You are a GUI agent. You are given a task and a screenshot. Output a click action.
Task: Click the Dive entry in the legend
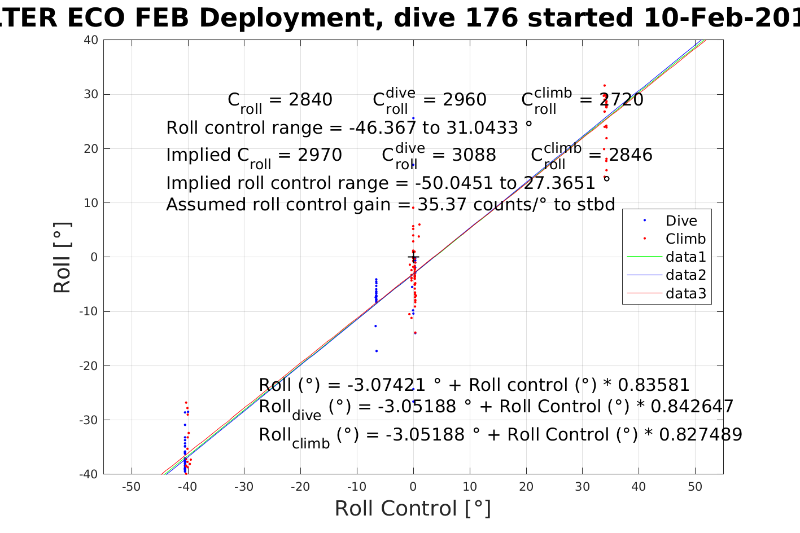[x=681, y=221]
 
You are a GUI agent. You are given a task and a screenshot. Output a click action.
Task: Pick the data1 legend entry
[x=685, y=257]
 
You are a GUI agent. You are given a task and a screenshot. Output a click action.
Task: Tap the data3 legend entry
[x=685, y=293]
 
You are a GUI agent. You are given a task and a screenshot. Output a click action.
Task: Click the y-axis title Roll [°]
[x=63, y=258]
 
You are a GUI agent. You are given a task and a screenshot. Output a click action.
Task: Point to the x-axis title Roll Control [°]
[x=413, y=508]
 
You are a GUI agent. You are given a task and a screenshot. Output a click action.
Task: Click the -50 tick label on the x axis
[x=131, y=487]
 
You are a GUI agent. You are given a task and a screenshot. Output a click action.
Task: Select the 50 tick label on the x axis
[x=695, y=487]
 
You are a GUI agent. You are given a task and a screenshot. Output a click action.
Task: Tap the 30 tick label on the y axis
[x=91, y=94]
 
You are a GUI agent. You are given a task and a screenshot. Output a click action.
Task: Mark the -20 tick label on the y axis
[x=89, y=365]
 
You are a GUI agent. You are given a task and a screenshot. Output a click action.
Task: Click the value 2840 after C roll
[x=311, y=100]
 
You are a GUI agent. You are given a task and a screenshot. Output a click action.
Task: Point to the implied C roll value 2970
[x=320, y=155]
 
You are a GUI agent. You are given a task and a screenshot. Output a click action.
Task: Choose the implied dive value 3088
[x=474, y=155]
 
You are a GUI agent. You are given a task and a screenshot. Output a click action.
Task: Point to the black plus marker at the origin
[x=413, y=257]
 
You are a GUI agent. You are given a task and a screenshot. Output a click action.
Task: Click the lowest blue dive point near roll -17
[x=377, y=351]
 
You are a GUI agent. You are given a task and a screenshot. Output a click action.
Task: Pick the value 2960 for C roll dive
[x=465, y=100]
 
